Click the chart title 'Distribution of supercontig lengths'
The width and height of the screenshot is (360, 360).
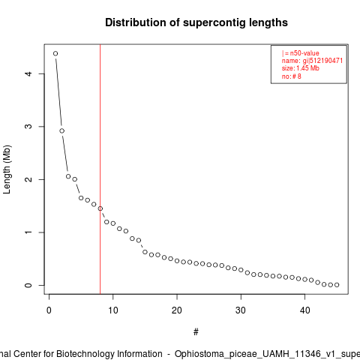pyautogui.click(x=196, y=22)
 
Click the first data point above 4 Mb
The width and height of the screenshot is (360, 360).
pyautogui.click(x=55, y=53)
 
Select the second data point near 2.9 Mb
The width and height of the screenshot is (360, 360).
pyautogui.click(x=62, y=130)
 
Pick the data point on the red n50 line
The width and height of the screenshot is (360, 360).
pyautogui.click(x=100, y=208)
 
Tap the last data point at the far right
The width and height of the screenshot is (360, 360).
pyautogui.click(x=337, y=285)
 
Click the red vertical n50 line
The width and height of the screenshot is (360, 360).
pyautogui.click(x=100, y=169)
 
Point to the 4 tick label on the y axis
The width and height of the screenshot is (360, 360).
pyautogui.click(x=29, y=73)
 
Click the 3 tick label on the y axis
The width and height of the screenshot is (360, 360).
pyautogui.click(x=29, y=127)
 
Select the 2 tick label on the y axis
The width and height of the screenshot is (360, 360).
pyautogui.click(x=29, y=179)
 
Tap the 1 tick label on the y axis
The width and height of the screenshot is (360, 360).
pyautogui.click(x=29, y=232)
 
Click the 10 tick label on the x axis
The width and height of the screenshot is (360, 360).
pyautogui.click(x=113, y=310)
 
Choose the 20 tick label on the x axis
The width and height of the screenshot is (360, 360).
pyautogui.click(x=177, y=310)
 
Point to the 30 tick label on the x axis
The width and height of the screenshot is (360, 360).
pyautogui.click(x=241, y=310)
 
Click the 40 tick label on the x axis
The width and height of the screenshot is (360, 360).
pyautogui.click(x=304, y=310)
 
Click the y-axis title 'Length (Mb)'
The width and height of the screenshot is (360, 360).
pyautogui.click(x=7, y=169)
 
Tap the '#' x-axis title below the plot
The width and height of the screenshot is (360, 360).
pyautogui.click(x=196, y=332)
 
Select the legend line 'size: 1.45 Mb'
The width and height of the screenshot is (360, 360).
pyautogui.click(x=301, y=68)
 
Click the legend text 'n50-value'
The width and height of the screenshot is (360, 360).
pyautogui.click(x=304, y=53)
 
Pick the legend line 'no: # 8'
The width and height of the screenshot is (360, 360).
pyautogui.click(x=292, y=76)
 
